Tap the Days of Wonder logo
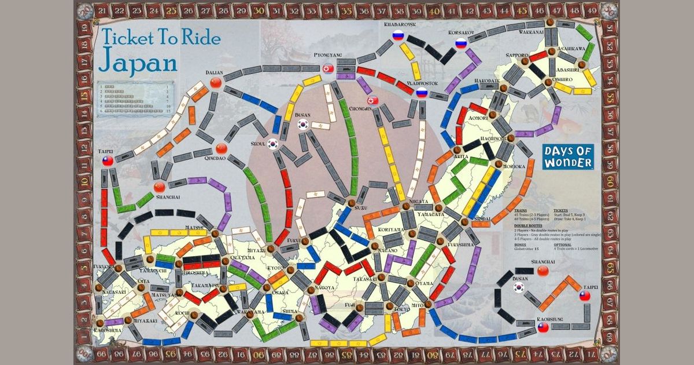pos(568,156)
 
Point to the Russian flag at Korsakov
pos(461,43)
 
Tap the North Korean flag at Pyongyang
pos(328,68)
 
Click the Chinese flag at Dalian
pos(216,83)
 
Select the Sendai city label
pos(481,218)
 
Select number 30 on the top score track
pos(259,9)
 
